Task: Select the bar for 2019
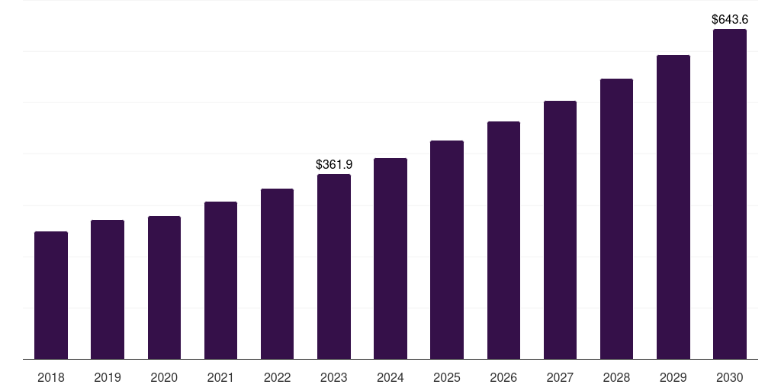click(x=108, y=289)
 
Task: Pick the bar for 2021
click(x=220, y=280)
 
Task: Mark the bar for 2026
click(x=503, y=240)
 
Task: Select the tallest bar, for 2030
click(x=730, y=194)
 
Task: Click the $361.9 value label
click(x=334, y=164)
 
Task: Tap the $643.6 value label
click(x=730, y=19)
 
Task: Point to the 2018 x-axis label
click(x=51, y=377)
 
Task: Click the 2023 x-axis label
click(x=334, y=377)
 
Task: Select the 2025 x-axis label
click(x=447, y=377)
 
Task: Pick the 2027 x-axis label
click(x=560, y=377)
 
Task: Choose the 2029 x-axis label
click(x=673, y=377)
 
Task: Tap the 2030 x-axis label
click(x=730, y=377)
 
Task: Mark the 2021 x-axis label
click(x=220, y=377)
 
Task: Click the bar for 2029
click(x=673, y=207)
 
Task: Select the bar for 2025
click(x=447, y=250)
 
